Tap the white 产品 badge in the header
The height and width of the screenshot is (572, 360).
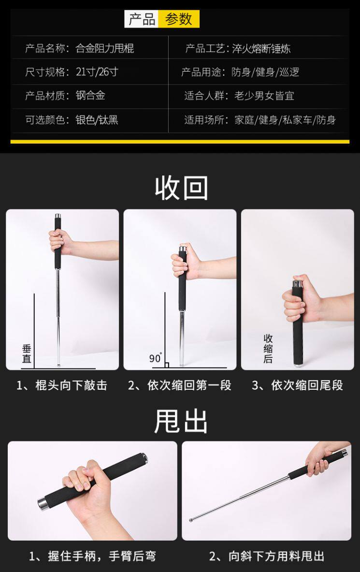142,19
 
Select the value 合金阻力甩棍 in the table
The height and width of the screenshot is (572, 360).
105,48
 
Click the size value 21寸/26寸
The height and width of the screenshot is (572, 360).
97,72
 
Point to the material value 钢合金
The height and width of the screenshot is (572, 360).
90,96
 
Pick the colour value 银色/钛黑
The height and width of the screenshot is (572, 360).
97,119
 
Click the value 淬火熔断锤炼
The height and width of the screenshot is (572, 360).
261,48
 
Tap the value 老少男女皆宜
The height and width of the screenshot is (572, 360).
264,96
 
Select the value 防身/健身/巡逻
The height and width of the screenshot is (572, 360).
266,72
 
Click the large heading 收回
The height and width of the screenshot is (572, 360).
181,188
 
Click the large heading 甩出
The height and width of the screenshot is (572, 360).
181,421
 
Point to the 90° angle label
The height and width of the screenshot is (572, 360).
156,358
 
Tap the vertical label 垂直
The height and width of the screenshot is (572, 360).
27,354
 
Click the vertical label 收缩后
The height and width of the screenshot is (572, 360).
268,349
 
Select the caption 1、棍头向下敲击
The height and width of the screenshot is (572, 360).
62,385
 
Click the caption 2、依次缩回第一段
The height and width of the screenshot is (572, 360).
180,385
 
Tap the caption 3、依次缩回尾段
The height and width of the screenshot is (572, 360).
298,385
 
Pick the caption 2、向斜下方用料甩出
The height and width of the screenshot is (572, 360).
267,556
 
